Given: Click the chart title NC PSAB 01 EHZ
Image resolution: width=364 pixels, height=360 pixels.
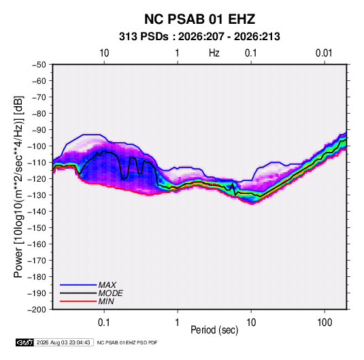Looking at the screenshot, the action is pos(199,19).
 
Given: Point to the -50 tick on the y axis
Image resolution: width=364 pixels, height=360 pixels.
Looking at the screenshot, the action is pos(39,65).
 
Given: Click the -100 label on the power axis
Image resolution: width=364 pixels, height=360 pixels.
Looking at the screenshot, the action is pos(37,146).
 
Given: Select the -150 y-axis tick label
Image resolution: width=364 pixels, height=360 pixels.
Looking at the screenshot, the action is pos(37,228).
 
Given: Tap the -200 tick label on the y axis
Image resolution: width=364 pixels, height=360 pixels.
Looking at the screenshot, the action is pos(37,310).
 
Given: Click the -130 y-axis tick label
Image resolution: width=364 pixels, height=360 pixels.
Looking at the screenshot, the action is pos(37,195).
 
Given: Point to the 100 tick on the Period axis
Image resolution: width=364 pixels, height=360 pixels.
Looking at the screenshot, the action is pos(325,323).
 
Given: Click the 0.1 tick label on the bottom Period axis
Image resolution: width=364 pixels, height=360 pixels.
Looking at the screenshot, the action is pos(104,323).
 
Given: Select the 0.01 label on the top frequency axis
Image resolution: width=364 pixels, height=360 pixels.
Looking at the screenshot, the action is pos(324,53).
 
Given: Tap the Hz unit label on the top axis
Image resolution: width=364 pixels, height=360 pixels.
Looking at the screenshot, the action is pos(214,53).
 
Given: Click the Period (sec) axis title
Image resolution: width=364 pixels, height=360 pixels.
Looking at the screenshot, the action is pos(214,330).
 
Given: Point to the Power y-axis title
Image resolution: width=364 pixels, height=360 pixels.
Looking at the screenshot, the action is pos(18,186).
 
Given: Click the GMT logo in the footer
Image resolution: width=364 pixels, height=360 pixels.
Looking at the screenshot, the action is pos(24,342).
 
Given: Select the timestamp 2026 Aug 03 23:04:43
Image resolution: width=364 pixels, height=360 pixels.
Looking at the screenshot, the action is pos(63,342).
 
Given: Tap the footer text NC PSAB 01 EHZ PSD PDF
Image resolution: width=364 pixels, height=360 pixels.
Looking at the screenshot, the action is pos(127,342).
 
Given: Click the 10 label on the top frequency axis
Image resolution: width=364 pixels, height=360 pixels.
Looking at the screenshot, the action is pos(104,53).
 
